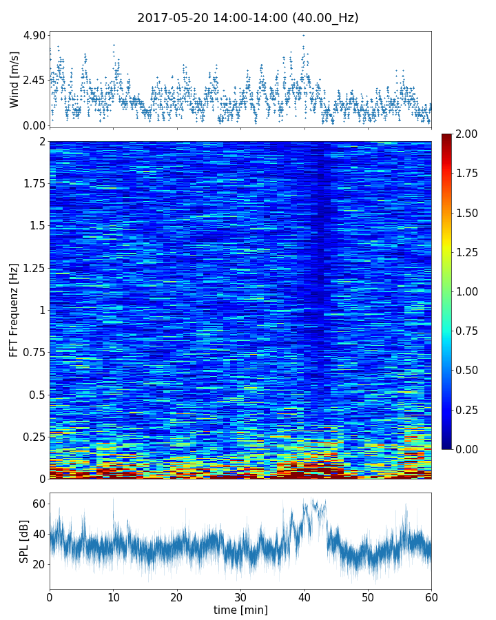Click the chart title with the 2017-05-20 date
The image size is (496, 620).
[248, 18]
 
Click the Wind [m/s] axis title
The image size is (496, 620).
[14, 79]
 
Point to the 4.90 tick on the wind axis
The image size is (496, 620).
[34, 35]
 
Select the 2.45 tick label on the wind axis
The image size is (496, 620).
[34, 80]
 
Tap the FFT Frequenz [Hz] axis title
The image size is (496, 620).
[14, 310]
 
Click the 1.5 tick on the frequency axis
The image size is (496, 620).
[37, 226]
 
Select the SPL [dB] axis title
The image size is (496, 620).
[24, 541]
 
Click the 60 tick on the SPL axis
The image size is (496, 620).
[39, 504]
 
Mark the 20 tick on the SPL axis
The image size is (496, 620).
[39, 564]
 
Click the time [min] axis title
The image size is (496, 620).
[240, 610]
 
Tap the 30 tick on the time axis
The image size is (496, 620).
[240, 597]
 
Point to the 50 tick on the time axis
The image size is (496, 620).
[368, 597]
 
